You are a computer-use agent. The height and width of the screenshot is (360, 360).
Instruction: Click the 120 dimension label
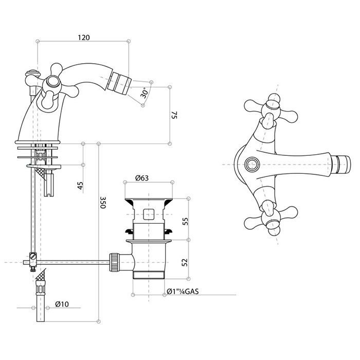click(84, 38)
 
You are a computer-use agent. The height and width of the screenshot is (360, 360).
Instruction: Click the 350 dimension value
click(103, 202)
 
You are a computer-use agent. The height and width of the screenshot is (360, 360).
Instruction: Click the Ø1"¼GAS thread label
click(183, 291)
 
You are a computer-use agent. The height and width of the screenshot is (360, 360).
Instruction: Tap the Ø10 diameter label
click(62, 304)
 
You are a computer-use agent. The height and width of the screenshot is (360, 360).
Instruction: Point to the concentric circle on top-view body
click(251, 164)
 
